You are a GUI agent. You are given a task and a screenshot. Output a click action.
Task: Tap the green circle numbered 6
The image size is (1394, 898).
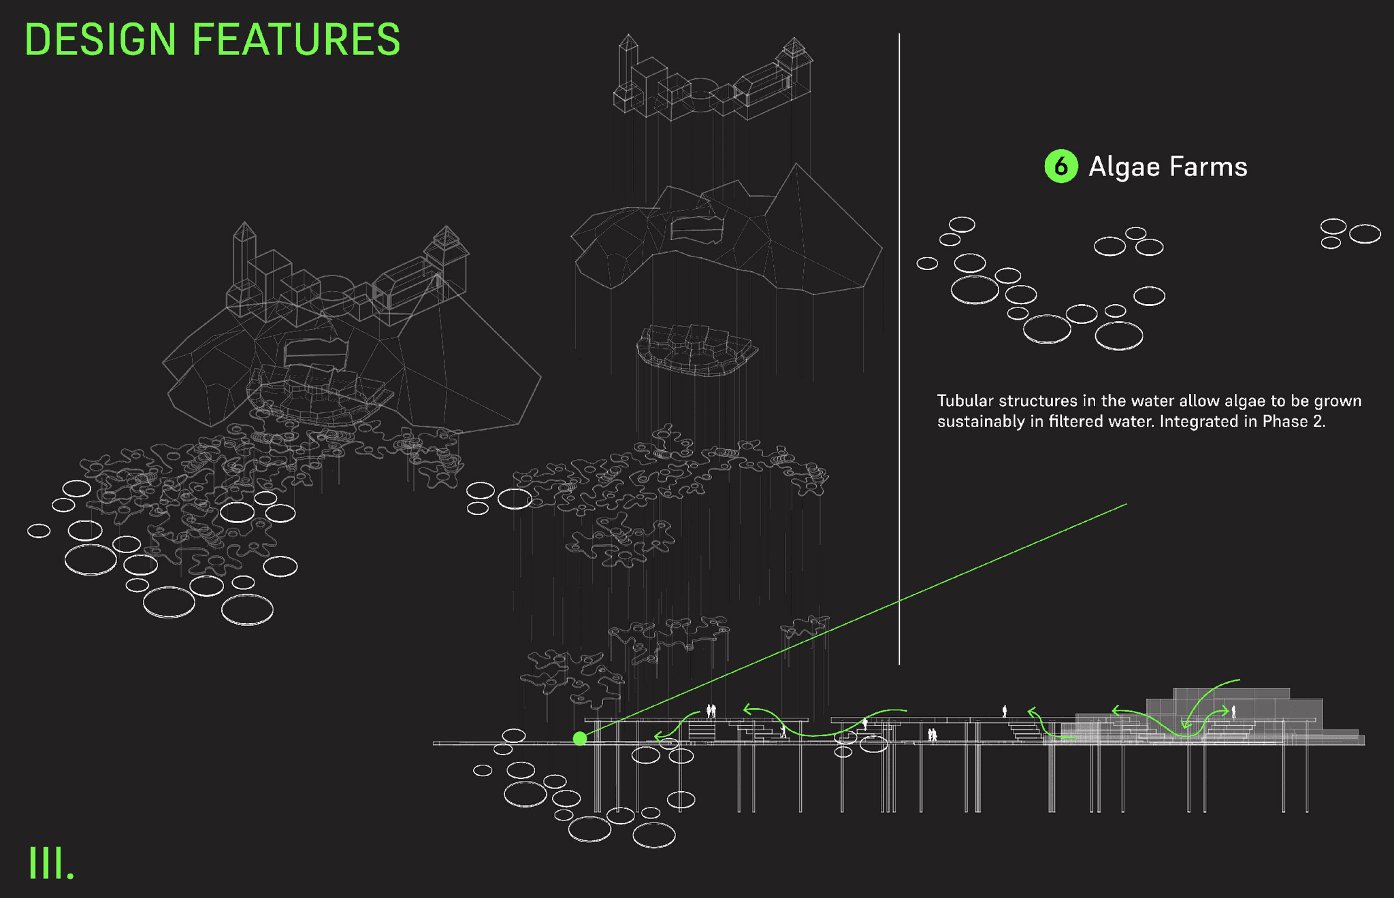coord(1060,167)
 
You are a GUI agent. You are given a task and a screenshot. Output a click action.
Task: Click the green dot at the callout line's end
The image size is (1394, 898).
coord(580,738)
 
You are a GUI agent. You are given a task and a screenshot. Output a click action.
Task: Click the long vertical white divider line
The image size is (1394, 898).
coord(899,340)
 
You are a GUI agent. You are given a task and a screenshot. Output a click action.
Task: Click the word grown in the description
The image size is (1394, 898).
coord(1338,401)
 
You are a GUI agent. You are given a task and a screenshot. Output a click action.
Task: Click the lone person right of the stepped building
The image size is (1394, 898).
coord(1233,712)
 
